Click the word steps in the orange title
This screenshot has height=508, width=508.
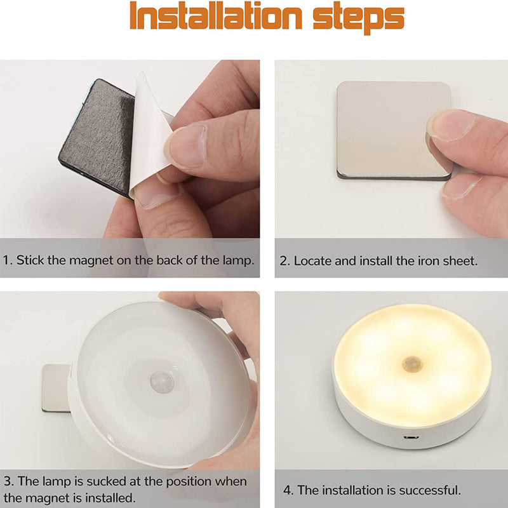[x=359, y=18]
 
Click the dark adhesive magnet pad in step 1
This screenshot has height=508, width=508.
[x=97, y=136]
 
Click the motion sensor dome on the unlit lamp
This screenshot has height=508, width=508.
[x=162, y=382]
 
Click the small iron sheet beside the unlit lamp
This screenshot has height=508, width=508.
[x=56, y=388]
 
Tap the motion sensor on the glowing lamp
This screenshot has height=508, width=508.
[x=412, y=364]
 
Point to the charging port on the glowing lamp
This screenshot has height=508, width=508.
[x=411, y=437]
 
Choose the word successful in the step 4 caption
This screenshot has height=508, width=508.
[x=430, y=490]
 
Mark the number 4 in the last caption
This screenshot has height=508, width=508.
[x=287, y=490]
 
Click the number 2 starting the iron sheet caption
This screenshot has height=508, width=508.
[x=284, y=261]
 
